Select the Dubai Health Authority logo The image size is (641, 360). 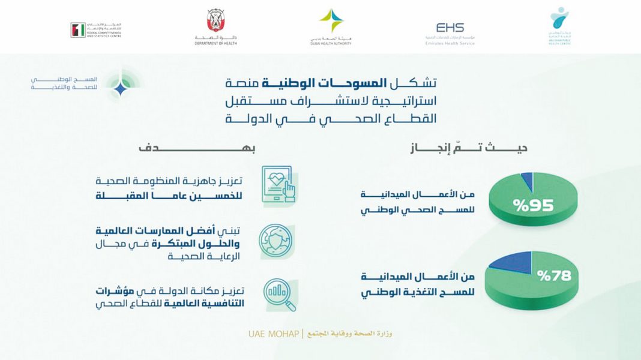coord(331,27)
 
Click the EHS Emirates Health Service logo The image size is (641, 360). coord(450,32)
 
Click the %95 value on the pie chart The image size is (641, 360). coord(533,205)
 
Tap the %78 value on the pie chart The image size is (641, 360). coord(554,277)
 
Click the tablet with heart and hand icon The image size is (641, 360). coord(277,186)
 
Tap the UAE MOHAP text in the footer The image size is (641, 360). coord(274,334)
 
